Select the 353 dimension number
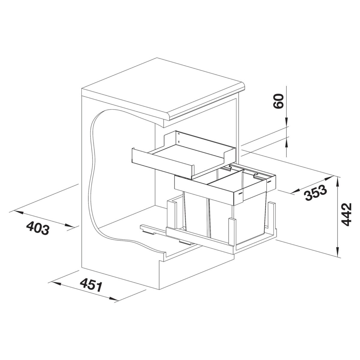click(315, 193)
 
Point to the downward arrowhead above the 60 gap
click(287, 121)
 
